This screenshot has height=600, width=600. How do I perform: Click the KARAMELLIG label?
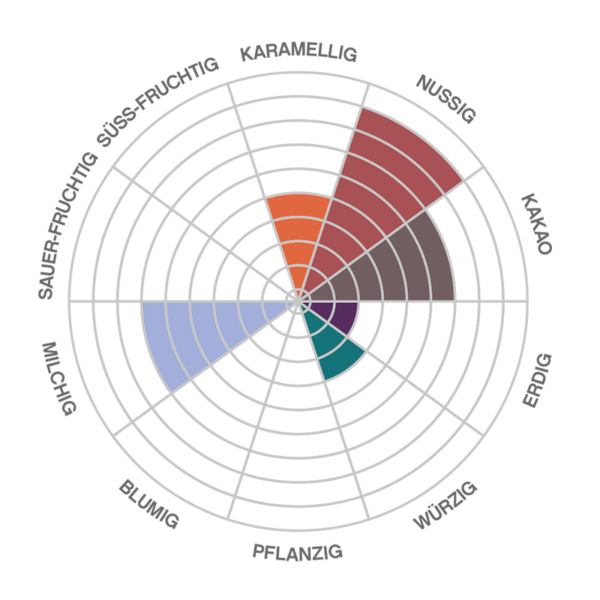click(x=298, y=54)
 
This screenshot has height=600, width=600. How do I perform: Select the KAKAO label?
click(x=535, y=225)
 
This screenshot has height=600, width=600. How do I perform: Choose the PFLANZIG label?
click(x=298, y=553)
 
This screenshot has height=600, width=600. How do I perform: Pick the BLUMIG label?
click(x=148, y=505)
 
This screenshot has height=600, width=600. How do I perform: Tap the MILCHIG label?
click(x=59, y=379)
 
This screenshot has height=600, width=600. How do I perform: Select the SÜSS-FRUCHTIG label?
click(x=157, y=102)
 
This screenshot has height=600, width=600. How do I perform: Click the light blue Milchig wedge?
click(x=195, y=330)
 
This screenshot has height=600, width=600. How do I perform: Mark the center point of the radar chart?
click(x=299, y=301)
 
